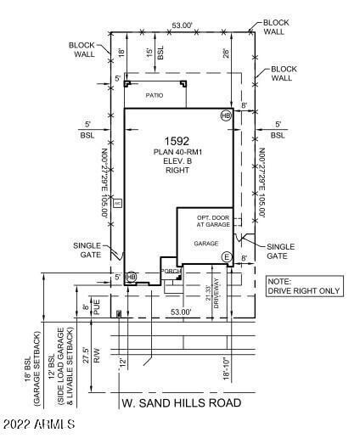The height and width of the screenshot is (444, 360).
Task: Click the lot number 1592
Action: [x=177, y=139]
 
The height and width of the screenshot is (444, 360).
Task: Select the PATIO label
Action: [x=154, y=96]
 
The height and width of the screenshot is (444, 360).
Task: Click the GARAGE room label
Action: [x=205, y=244]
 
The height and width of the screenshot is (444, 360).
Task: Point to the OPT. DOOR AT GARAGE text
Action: [x=214, y=221]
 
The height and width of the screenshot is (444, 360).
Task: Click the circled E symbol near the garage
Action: [x=227, y=256]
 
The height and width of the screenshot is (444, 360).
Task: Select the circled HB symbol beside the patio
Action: [x=226, y=115]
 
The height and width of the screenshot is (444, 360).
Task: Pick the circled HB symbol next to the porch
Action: [x=131, y=277]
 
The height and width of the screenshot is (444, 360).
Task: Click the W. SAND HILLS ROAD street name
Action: [x=181, y=402]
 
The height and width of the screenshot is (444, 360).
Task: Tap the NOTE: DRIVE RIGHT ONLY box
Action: [x=304, y=286]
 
